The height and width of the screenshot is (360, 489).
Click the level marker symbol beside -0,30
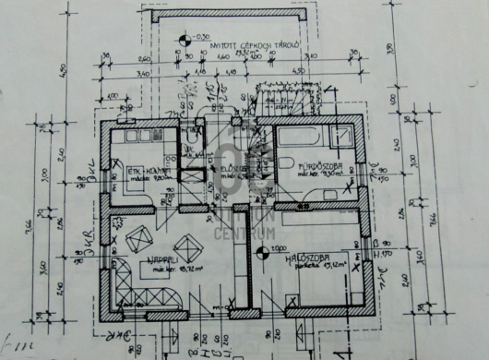pos(185,39)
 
